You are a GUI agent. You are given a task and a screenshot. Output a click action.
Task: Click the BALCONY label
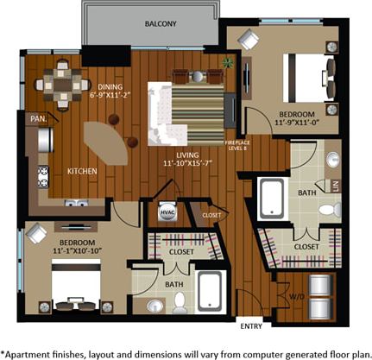[161, 24]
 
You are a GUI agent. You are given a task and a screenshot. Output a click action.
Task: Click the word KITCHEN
[82, 171]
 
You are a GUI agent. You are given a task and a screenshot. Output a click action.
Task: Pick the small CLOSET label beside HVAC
[212, 214]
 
